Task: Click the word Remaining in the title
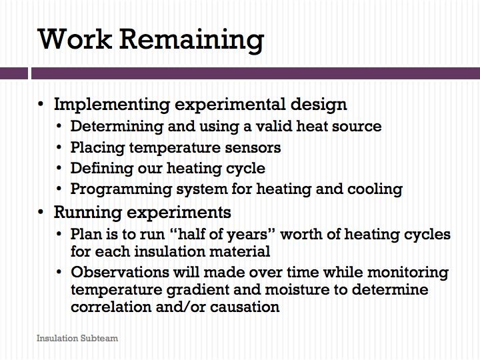(x=191, y=40)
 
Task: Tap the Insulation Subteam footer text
(x=77, y=338)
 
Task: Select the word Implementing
(x=112, y=105)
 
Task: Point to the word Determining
(x=117, y=127)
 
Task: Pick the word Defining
(x=101, y=169)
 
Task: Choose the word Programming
(x=121, y=189)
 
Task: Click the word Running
(x=88, y=213)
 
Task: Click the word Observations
(x=120, y=272)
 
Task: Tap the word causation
(x=245, y=307)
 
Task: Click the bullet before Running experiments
(x=41, y=212)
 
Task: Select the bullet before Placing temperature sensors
(x=59, y=147)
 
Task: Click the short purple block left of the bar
(x=14, y=73)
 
